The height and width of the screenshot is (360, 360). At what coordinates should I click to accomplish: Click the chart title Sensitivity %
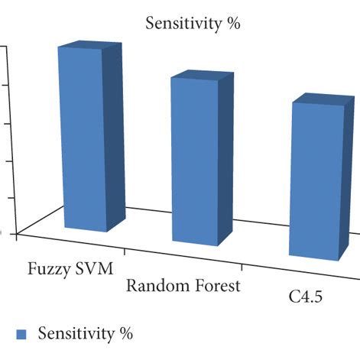tap(193, 24)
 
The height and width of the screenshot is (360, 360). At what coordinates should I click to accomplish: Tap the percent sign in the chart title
tap(233, 24)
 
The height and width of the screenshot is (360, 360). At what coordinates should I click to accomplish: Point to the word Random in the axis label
tap(153, 287)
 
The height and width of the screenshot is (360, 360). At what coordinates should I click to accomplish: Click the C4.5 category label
tap(304, 297)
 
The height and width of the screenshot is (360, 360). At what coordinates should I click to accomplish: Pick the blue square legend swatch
tap(22, 334)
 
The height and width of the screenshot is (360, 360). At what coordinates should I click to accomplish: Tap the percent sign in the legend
tap(126, 334)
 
